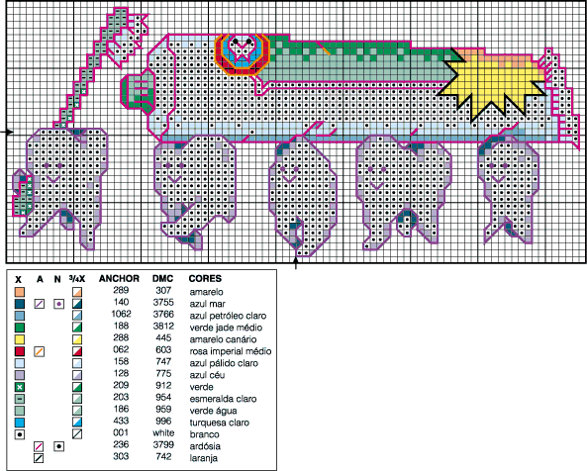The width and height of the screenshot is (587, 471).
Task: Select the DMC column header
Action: coord(163,278)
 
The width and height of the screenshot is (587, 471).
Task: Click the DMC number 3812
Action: coord(163,327)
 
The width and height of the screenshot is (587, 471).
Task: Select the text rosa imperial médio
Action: coord(231,350)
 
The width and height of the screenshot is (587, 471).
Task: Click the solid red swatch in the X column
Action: coord(19,351)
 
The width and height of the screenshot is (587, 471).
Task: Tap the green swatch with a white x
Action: coord(19,386)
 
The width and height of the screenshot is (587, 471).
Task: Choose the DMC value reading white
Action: coord(163,433)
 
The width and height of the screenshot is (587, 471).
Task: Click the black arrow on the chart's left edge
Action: coord(7,131)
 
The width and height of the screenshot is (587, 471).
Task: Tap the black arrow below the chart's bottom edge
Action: coord(298,260)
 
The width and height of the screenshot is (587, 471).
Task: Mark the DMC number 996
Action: coord(163,422)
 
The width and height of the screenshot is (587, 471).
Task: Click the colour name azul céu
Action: coord(206,374)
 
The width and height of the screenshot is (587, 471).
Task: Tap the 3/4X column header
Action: coord(76,278)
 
